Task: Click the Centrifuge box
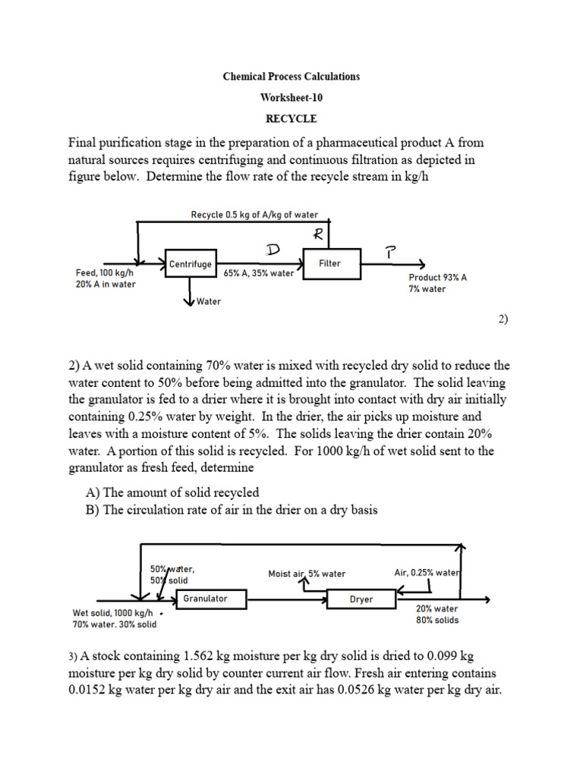(189, 264)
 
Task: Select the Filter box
(329, 263)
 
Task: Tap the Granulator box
(205, 599)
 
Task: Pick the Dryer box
(361, 599)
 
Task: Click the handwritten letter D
(272, 250)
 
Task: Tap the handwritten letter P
(389, 252)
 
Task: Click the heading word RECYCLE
(291, 119)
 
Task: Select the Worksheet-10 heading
(291, 98)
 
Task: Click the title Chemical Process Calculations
(291, 77)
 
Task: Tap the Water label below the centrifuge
(208, 302)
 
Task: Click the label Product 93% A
(437, 278)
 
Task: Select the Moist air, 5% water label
(307, 574)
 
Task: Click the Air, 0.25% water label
(427, 573)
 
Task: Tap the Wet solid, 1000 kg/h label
(112, 613)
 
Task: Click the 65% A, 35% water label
(259, 273)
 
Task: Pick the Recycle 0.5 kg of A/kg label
(254, 215)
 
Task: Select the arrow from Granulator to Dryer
(287, 599)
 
